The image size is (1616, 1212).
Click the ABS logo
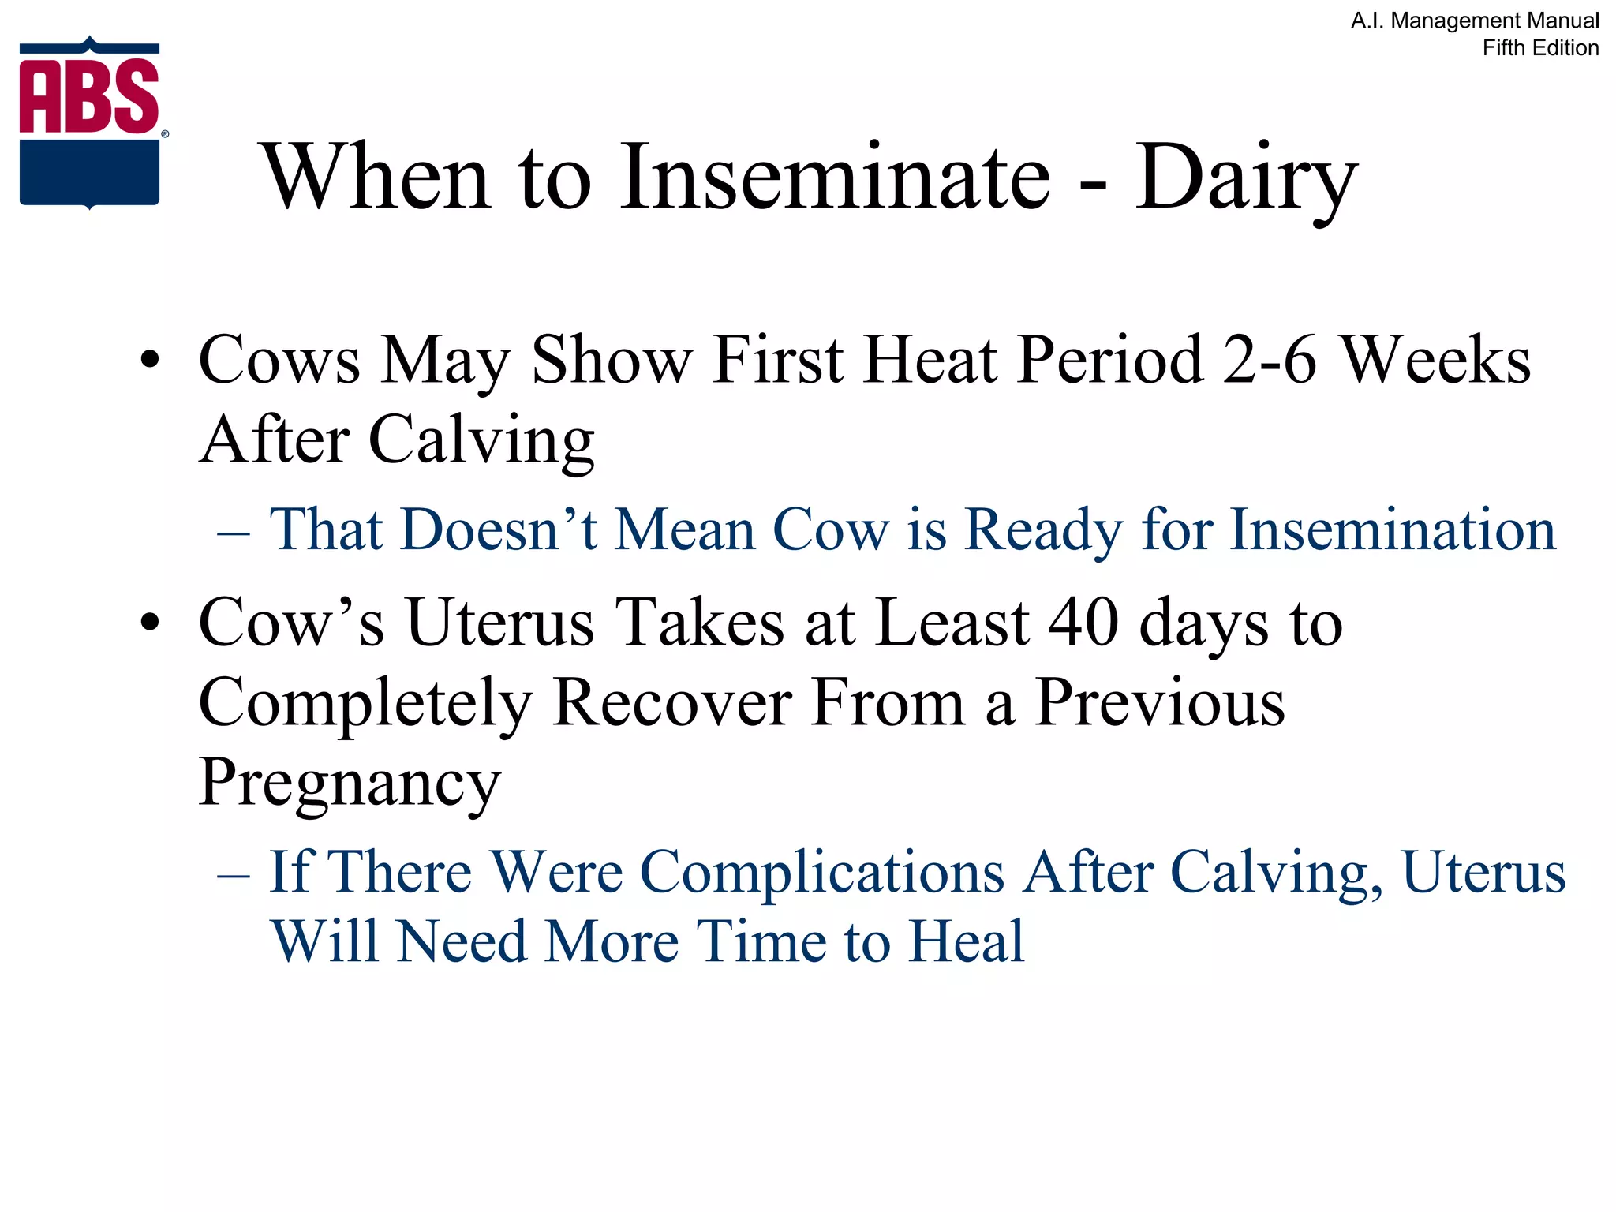coord(90,123)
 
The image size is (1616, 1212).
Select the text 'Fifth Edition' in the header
coord(1540,48)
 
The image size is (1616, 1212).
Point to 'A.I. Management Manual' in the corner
coord(1475,21)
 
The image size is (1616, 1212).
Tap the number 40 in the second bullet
coord(1083,623)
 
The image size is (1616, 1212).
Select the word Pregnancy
coord(350,784)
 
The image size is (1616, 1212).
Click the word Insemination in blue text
coord(1393,529)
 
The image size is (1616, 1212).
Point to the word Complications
coord(821,873)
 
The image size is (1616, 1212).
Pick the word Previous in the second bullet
coord(1160,702)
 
